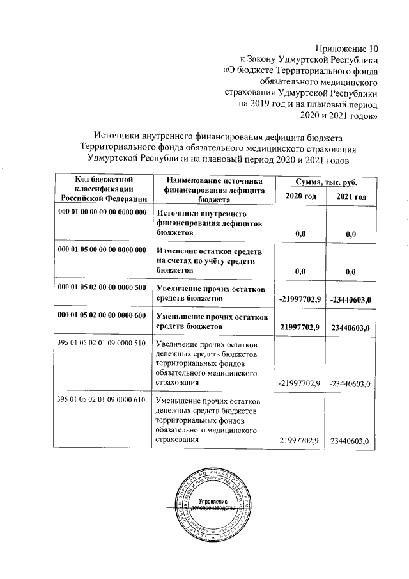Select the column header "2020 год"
point(300,196)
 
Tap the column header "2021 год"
point(351,196)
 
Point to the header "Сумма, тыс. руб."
point(325,182)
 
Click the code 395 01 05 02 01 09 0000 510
point(102,345)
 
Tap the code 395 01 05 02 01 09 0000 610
point(102,401)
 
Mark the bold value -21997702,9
point(299,299)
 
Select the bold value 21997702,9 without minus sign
point(300,328)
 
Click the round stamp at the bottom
point(208,505)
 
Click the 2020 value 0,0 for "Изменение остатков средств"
point(300,271)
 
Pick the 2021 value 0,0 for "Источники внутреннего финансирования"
point(350,235)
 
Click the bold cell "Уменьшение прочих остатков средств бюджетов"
point(210,322)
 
